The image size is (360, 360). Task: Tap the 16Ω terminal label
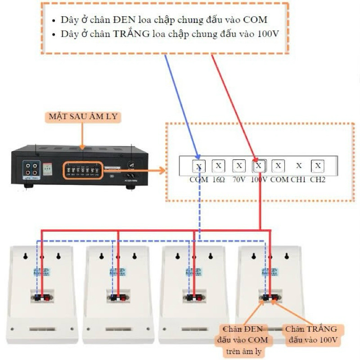(x=218, y=180)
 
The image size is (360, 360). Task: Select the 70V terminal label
(x=238, y=180)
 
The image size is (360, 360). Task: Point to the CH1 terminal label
(x=298, y=180)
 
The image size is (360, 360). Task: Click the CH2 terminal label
(x=318, y=180)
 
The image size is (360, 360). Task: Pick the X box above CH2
(x=318, y=166)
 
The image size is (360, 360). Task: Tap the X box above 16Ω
(x=218, y=166)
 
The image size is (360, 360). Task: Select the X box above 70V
(x=238, y=166)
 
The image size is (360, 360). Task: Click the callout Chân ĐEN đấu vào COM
(x=243, y=340)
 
